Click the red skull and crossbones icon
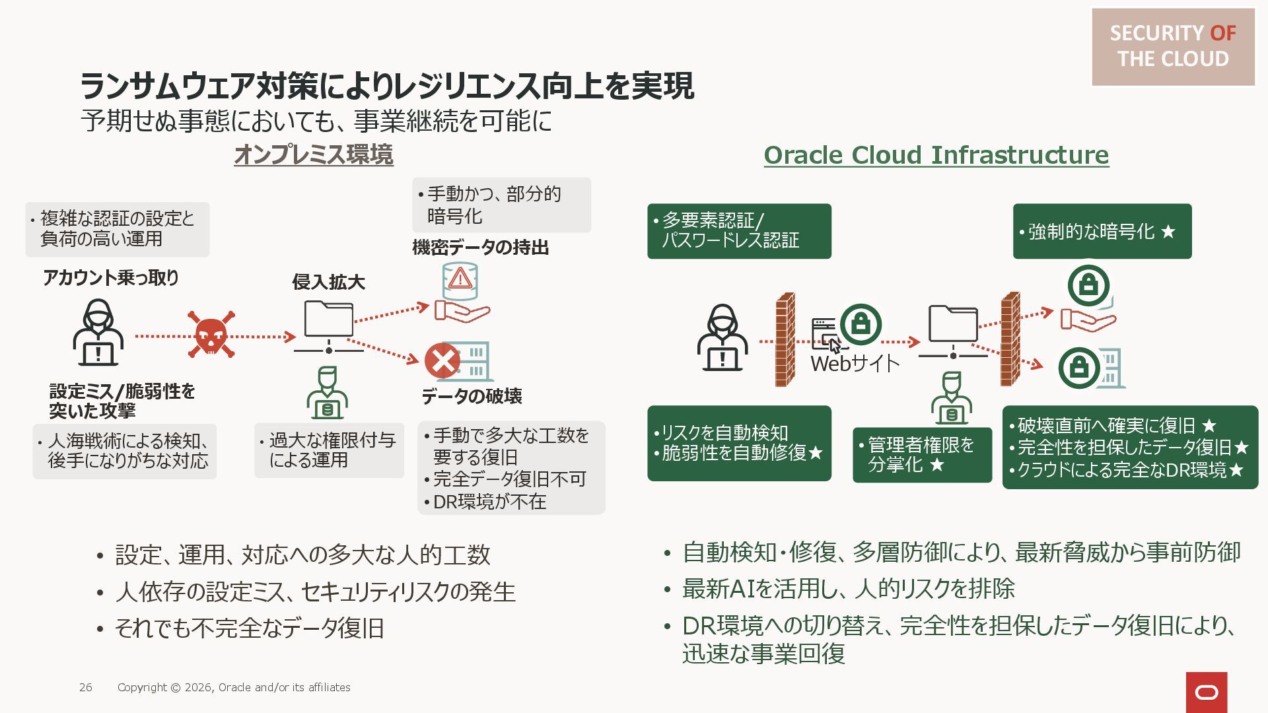(211, 335)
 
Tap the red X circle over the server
(442, 360)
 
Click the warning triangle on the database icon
(460, 279)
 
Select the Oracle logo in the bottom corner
(1206, 692)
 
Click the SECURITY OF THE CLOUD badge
(1172, 46)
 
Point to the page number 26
(86, 687)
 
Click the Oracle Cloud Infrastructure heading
(936, 155)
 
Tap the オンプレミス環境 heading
(314, 155)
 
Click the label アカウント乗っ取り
(111, 278)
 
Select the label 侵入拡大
(328, 283)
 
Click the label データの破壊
(472, 396)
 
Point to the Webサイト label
(855, 363)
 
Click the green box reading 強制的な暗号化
(1102, 232)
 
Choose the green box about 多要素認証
(738, 230)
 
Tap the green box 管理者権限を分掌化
(921, 455)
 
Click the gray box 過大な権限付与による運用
(329, 450)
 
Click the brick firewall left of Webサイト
(785, 339)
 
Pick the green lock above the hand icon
(1088, 286)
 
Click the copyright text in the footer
(234, 687)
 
